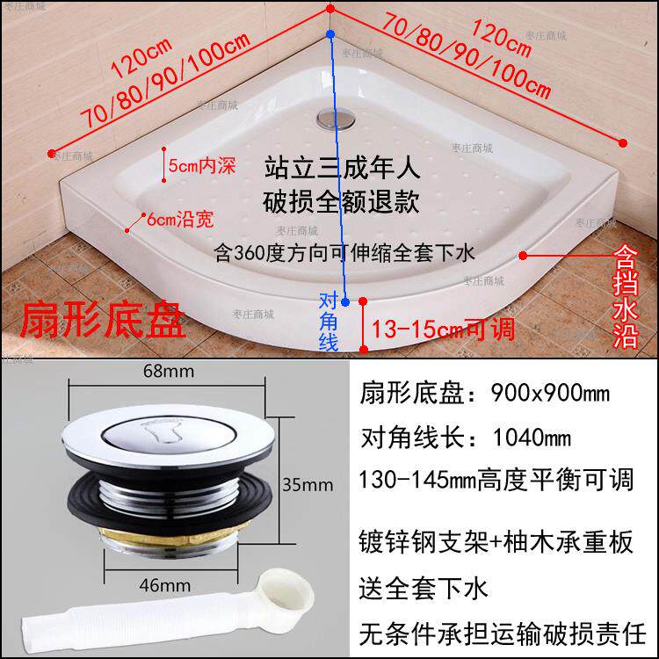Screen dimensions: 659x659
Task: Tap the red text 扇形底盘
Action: point(102,322)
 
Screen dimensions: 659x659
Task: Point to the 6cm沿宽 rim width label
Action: point(180,216)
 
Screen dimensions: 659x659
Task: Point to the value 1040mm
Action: point(521,437)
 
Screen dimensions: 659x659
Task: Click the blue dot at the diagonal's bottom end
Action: point(346,301)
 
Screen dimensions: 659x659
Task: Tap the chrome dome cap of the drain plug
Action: point(167,438)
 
